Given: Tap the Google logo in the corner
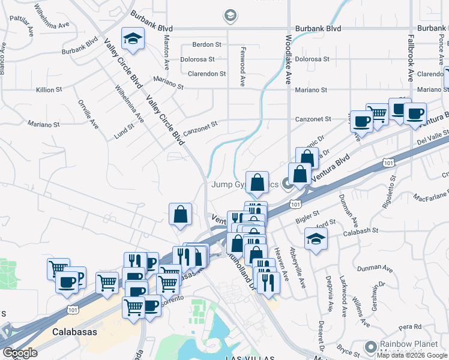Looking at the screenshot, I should [19, 353].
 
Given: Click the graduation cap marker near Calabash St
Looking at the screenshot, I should [316, 239].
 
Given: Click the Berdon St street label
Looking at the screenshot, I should [206, 44].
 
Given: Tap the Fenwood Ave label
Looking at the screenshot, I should [243, 67].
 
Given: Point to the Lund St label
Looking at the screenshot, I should [124, 130].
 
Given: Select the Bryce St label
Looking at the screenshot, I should [348, 349].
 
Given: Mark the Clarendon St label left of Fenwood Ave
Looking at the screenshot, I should [206, 74].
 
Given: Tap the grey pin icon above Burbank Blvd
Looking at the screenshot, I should [229, 14].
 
